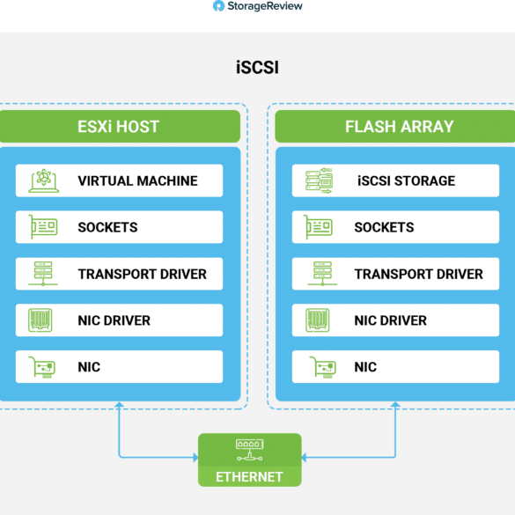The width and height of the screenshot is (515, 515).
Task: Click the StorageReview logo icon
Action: (218, 6)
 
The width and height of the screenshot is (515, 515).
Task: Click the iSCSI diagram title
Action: (257, 67)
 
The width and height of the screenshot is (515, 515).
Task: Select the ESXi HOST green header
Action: (120, 127)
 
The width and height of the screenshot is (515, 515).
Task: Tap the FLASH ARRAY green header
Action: (395, 127)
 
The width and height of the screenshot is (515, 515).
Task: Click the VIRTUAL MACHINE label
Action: (137, 181)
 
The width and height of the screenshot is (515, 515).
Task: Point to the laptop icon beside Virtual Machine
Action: (44, 180)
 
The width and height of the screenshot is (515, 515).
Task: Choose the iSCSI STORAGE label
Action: (407, 181)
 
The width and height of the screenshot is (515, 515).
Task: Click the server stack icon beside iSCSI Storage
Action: (320, 180)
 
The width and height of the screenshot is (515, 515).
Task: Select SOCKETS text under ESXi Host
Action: (107, 227)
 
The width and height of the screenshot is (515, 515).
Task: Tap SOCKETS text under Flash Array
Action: (384, 227)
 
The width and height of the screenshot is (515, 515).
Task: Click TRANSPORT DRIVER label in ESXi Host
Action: (143, 275)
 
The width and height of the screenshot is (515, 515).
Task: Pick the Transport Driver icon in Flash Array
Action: (322, 274)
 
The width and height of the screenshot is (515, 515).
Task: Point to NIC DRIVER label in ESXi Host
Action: (114, 320)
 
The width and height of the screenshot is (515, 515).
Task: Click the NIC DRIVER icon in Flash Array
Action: (318, 320)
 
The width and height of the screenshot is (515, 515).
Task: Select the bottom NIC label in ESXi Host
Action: (89, 367)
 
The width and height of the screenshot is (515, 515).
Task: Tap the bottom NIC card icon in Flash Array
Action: (323, 367)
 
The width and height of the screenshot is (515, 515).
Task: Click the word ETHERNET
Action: (249, 477)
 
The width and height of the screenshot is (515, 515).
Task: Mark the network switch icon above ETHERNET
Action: (250, 450)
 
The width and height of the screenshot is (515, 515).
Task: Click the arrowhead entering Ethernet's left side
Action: (195, 457)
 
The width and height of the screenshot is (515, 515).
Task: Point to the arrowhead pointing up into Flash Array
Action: (395, 404)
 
